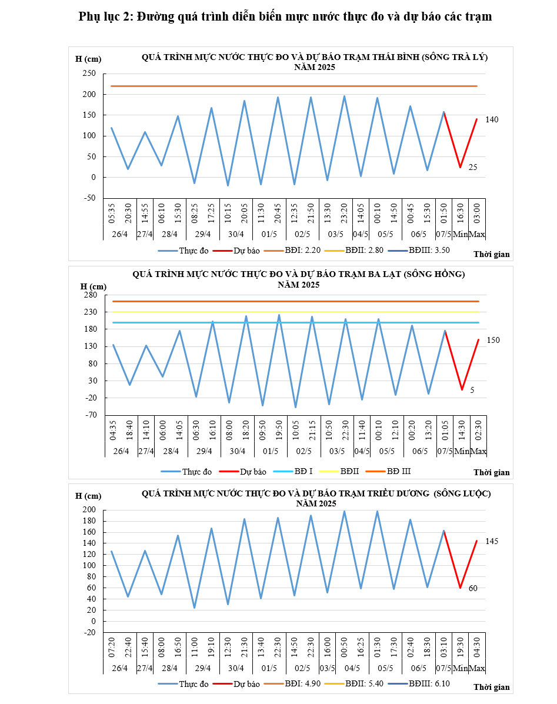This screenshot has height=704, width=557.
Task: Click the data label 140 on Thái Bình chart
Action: tap(492, 120)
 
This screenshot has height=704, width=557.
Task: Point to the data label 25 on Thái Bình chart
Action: tap(473, 168)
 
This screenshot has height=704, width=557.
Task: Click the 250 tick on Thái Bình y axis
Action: tap(88, 74)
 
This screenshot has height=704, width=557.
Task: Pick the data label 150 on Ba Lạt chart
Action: tap(493, 340)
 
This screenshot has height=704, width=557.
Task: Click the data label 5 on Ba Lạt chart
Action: tap(472, 390)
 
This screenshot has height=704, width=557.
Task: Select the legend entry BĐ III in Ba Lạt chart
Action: tap(399, 471)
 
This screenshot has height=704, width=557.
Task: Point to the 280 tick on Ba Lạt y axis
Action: tap(89, 295)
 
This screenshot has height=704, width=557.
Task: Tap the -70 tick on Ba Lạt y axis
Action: tap(89, 415)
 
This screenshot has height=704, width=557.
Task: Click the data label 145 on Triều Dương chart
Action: tap(492, 541)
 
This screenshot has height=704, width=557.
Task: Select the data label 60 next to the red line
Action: tap(473, 588)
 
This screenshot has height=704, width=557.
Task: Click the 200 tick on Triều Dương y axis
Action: tap(89, 510)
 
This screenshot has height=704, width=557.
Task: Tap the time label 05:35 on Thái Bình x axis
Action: tap(112, 211)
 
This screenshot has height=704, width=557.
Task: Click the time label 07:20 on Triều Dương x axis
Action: tap(112, 647)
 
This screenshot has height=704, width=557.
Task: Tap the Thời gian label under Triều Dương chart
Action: tap(492, 687)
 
